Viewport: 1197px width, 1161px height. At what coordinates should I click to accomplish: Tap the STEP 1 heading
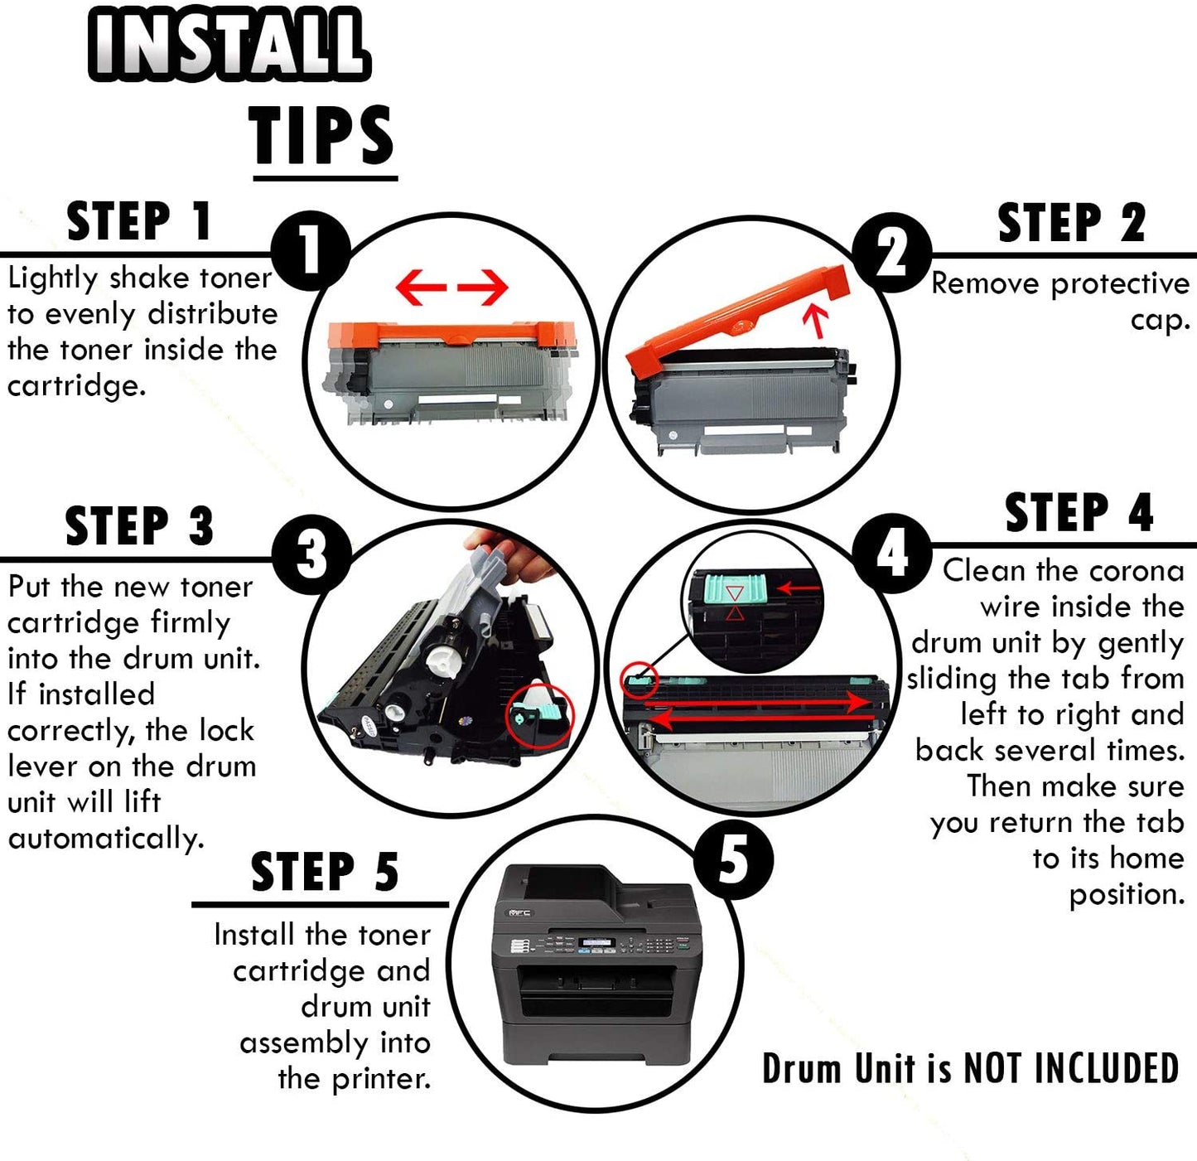[x=139, y=221]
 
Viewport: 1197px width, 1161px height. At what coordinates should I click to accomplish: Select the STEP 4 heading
[x=1079, y=512]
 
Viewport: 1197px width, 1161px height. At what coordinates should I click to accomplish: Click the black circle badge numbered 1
[x=311, y=252]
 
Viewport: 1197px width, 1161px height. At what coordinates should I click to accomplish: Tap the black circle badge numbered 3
[x=311, y=554]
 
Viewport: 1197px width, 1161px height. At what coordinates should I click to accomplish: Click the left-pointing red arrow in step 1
[x=421, y=287]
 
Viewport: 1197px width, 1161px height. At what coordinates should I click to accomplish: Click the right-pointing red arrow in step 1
[x=483, y=287]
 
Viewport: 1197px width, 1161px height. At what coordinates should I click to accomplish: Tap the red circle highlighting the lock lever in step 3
[x=538, y=715]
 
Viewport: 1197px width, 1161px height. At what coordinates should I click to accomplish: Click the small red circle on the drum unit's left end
[x=640, y=680]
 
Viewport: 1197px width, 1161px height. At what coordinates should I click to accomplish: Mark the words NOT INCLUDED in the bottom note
[x=1071, y=1068]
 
